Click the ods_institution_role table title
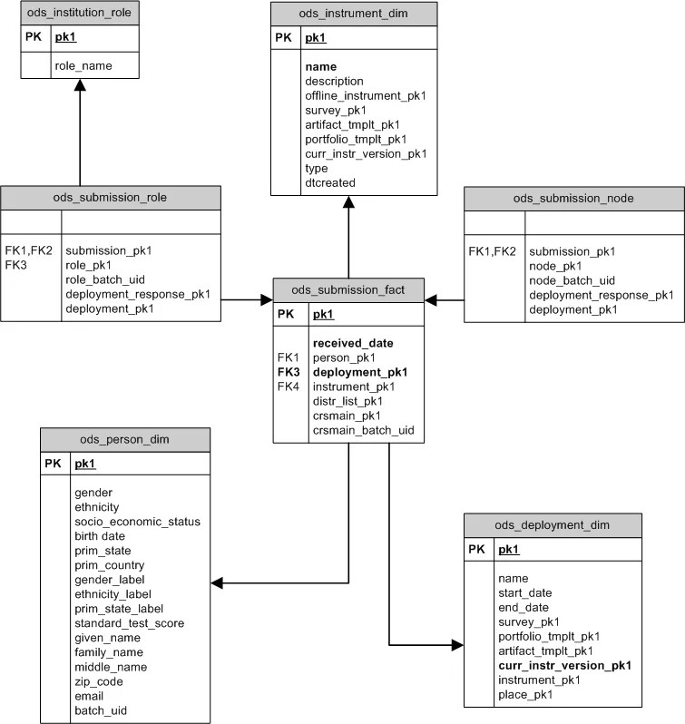tap(80, 14)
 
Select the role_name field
tap(83, 66)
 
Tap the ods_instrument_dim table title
tap(353, 14)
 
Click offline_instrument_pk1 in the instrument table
tap(366, 95)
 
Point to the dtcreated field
tap(330, 182)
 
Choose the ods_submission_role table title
tap(111, 198)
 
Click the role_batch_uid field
tap(105, 279)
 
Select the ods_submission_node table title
tap(573, 199)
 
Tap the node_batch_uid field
tap(572, 280)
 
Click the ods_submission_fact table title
tap(348, 291)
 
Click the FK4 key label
tap(288, 386)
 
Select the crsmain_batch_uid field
tap(363, 430)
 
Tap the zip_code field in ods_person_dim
tap(99, 681)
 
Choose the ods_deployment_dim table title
tap(552, 525)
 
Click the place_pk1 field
tap(525, 694)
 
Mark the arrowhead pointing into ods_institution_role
tap(80, 84)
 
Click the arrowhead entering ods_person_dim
tap(218, 582)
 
